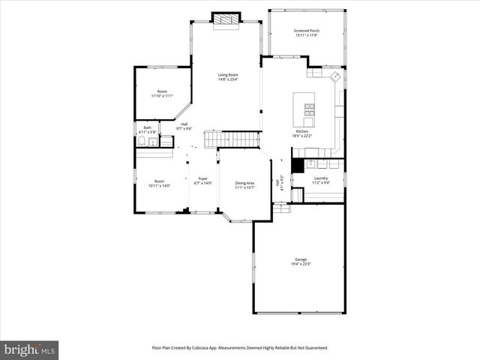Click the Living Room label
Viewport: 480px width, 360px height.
228,74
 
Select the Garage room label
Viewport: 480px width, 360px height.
301,259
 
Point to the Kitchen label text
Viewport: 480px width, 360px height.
301,131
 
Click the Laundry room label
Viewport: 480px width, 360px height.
321,178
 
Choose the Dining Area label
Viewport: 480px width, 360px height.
245,183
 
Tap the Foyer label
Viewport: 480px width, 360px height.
202,179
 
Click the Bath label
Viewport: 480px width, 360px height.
147,127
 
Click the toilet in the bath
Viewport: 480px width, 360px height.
141,142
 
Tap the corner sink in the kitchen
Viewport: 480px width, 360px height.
334,76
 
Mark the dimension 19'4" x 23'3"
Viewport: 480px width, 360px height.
301,264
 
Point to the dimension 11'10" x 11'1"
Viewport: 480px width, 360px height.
162,96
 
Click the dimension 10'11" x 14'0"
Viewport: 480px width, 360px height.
160,185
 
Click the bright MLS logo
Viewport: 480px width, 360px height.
30,349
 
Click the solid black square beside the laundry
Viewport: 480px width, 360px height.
297,166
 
